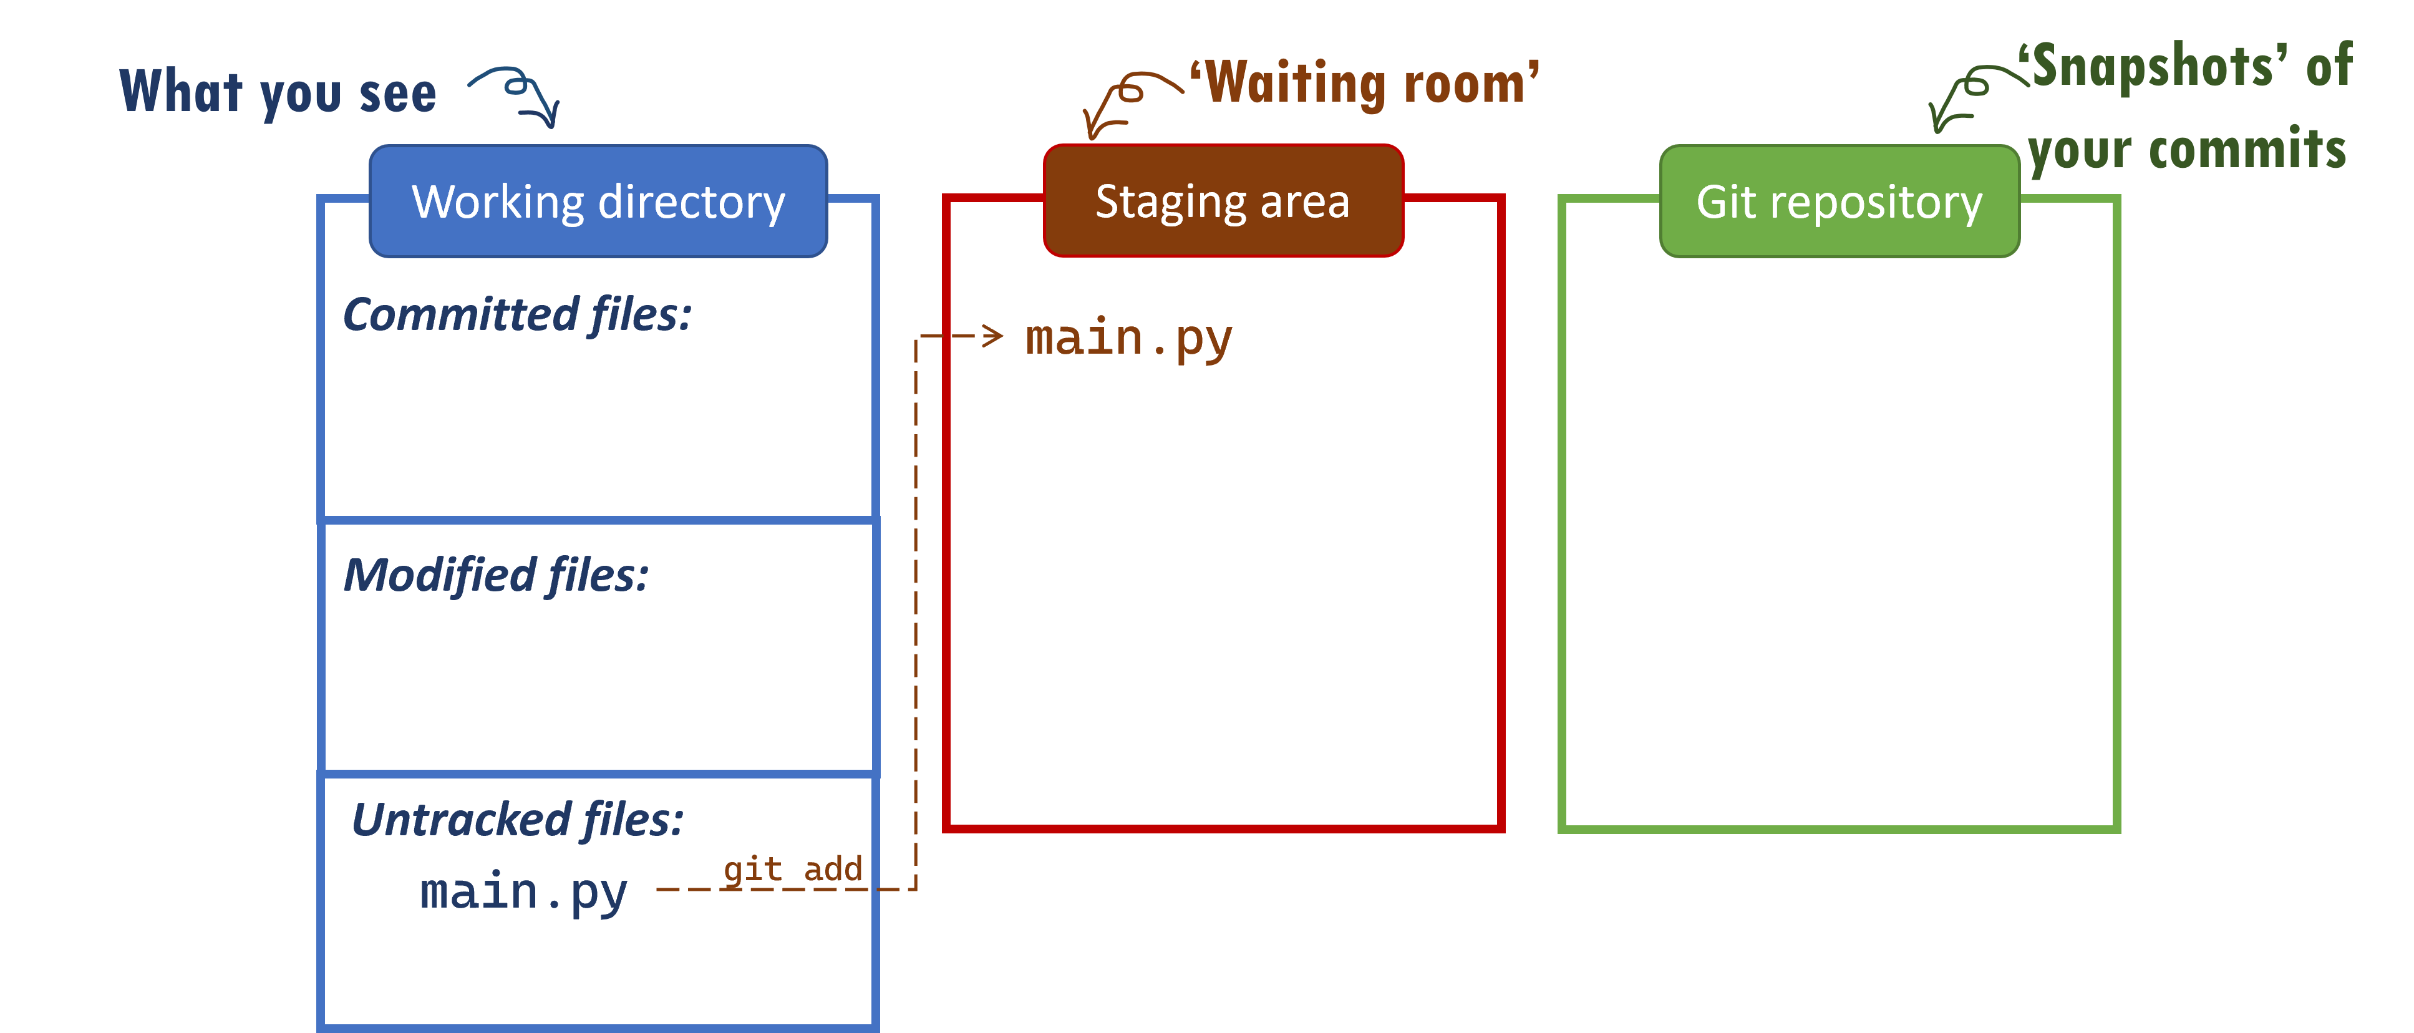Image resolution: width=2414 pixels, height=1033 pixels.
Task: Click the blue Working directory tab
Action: [598, 201]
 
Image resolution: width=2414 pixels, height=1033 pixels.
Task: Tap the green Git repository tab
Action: [1839, 201]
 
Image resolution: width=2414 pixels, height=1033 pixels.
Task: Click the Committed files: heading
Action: [516, 315]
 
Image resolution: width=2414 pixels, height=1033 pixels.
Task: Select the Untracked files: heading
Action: [517, 820]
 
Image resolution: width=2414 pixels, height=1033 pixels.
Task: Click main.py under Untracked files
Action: [523, 893]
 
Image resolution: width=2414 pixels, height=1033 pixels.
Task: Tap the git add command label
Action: [792, 869]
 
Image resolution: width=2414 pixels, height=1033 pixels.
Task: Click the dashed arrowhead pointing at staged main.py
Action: [991, 336]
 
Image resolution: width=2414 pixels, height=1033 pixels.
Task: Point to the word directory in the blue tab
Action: [692, 201]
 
